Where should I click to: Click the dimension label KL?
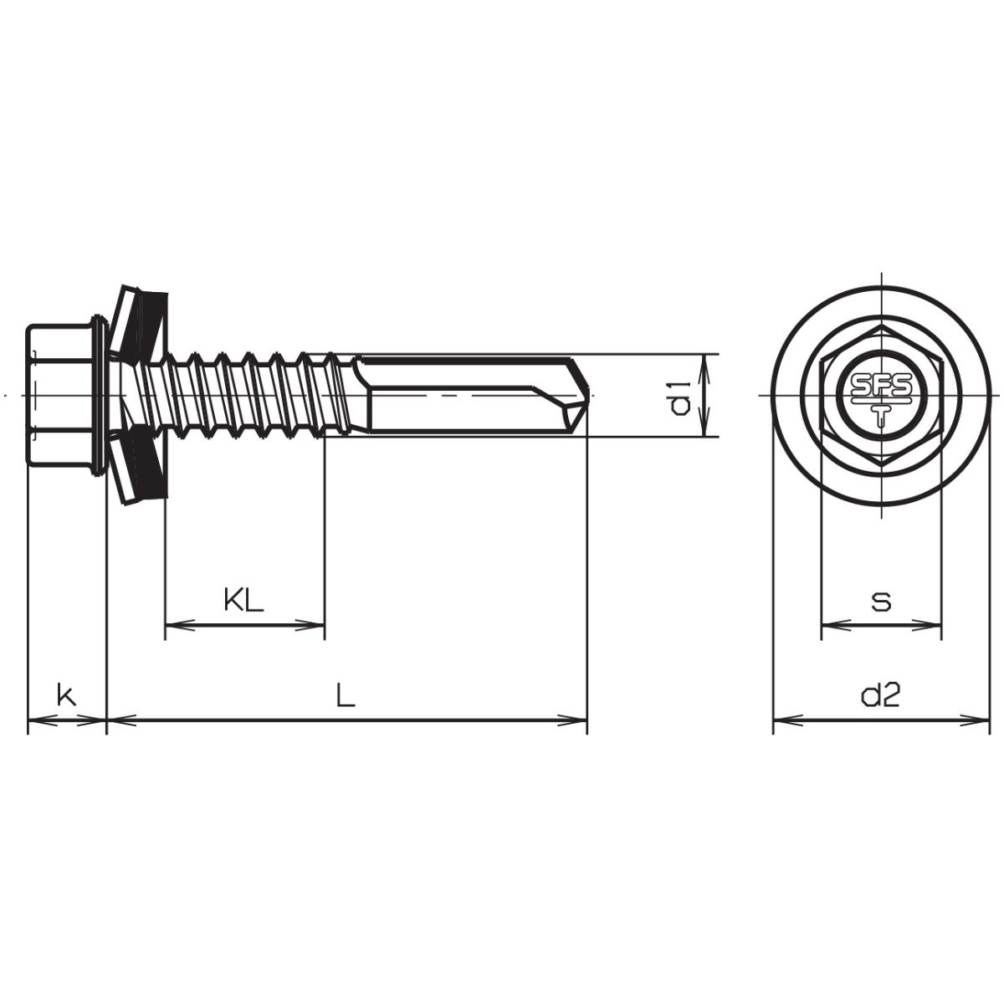click(243, 599)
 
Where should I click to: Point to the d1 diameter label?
click(679, 397)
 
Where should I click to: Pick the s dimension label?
click(881, 602)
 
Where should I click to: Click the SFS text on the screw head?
click(880, 386)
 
